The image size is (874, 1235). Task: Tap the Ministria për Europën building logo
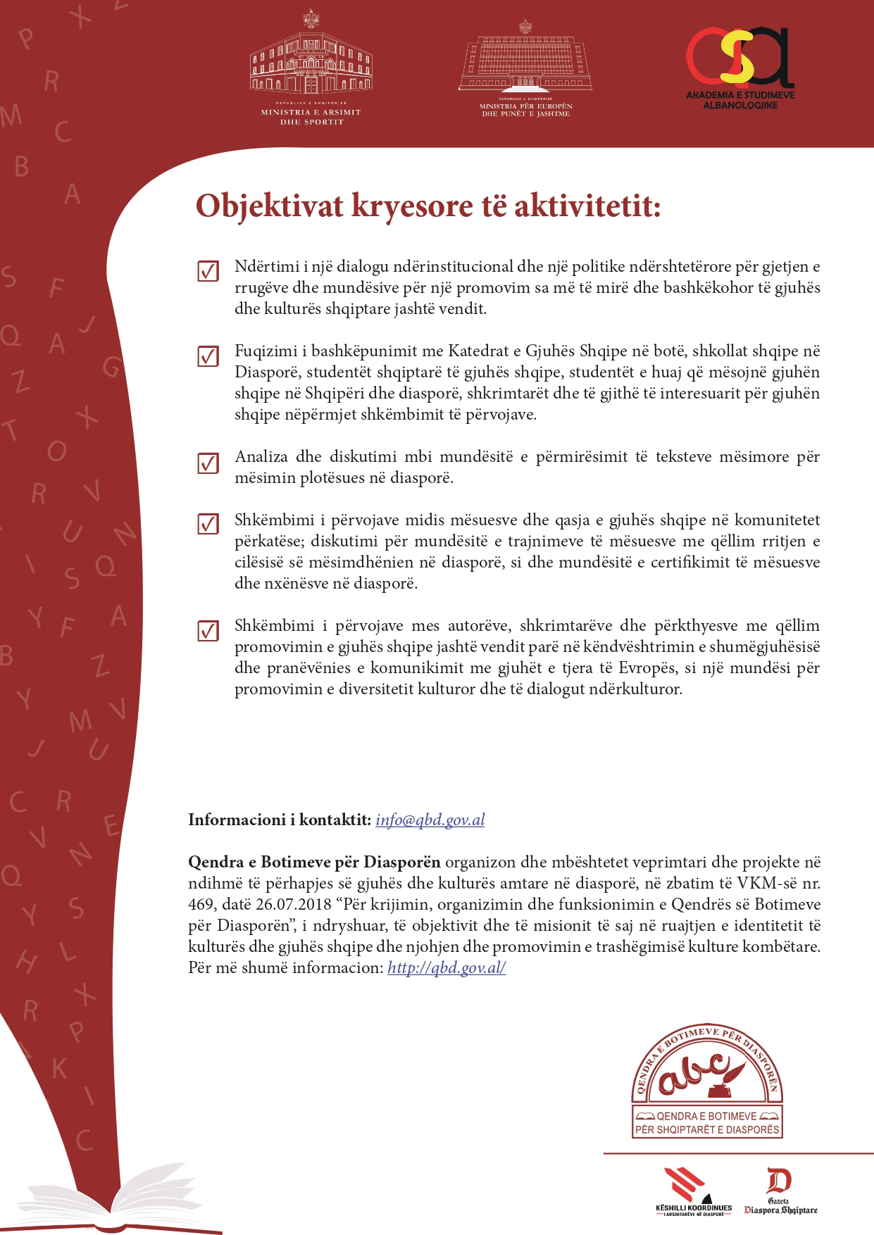525,68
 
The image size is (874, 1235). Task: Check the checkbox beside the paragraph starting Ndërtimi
208,270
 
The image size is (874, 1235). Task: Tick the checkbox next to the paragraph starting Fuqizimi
208,356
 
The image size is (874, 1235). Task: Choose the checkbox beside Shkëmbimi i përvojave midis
208,525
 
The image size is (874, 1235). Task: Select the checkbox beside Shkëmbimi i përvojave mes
208,630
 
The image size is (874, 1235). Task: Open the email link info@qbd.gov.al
430,820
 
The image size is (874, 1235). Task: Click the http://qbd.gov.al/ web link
447,967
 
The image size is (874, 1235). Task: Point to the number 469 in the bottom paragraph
201,904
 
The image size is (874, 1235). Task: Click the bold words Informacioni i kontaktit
279,820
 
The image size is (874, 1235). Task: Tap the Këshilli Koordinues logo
694,1192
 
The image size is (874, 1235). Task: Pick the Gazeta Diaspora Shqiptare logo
780,1191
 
